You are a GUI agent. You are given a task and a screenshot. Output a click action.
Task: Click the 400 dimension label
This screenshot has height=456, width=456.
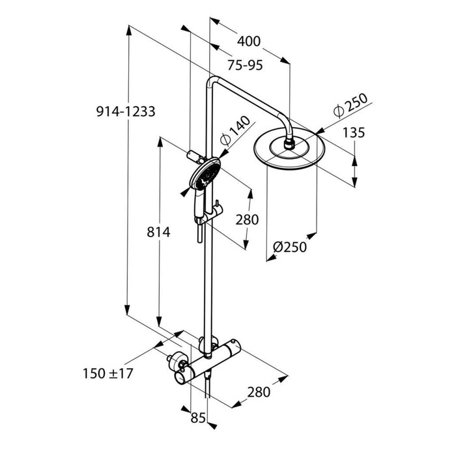coord(248,42)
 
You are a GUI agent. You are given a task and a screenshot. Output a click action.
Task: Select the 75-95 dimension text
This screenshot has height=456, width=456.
coord(245,65)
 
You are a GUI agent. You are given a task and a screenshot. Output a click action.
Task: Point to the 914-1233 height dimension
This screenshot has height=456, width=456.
coord(125,111)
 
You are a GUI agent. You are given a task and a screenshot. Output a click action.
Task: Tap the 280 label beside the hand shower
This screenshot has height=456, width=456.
coord(247,220)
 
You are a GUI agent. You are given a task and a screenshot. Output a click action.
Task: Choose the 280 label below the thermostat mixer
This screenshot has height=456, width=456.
coord(259,392)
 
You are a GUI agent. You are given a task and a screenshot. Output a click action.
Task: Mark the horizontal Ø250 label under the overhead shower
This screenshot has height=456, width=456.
coord(290,247)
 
